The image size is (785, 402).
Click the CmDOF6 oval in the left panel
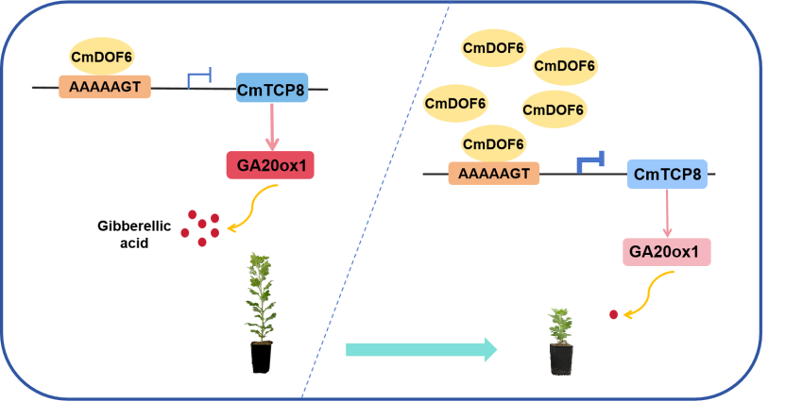(101, 58)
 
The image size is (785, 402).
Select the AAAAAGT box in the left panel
(105, 88)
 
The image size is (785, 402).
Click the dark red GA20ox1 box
(271, 165)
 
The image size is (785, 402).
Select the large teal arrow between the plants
(420, 350)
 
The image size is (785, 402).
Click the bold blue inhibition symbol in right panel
(590, 164)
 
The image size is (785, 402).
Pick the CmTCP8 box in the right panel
(666, 174)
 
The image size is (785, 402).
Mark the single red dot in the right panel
(614, 314)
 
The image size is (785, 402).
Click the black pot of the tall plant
(262, 357)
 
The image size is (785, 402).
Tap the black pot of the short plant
(561, 359)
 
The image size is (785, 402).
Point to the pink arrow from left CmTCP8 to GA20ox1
(271, 127)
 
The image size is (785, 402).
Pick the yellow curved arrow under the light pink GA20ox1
(652, 294)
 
